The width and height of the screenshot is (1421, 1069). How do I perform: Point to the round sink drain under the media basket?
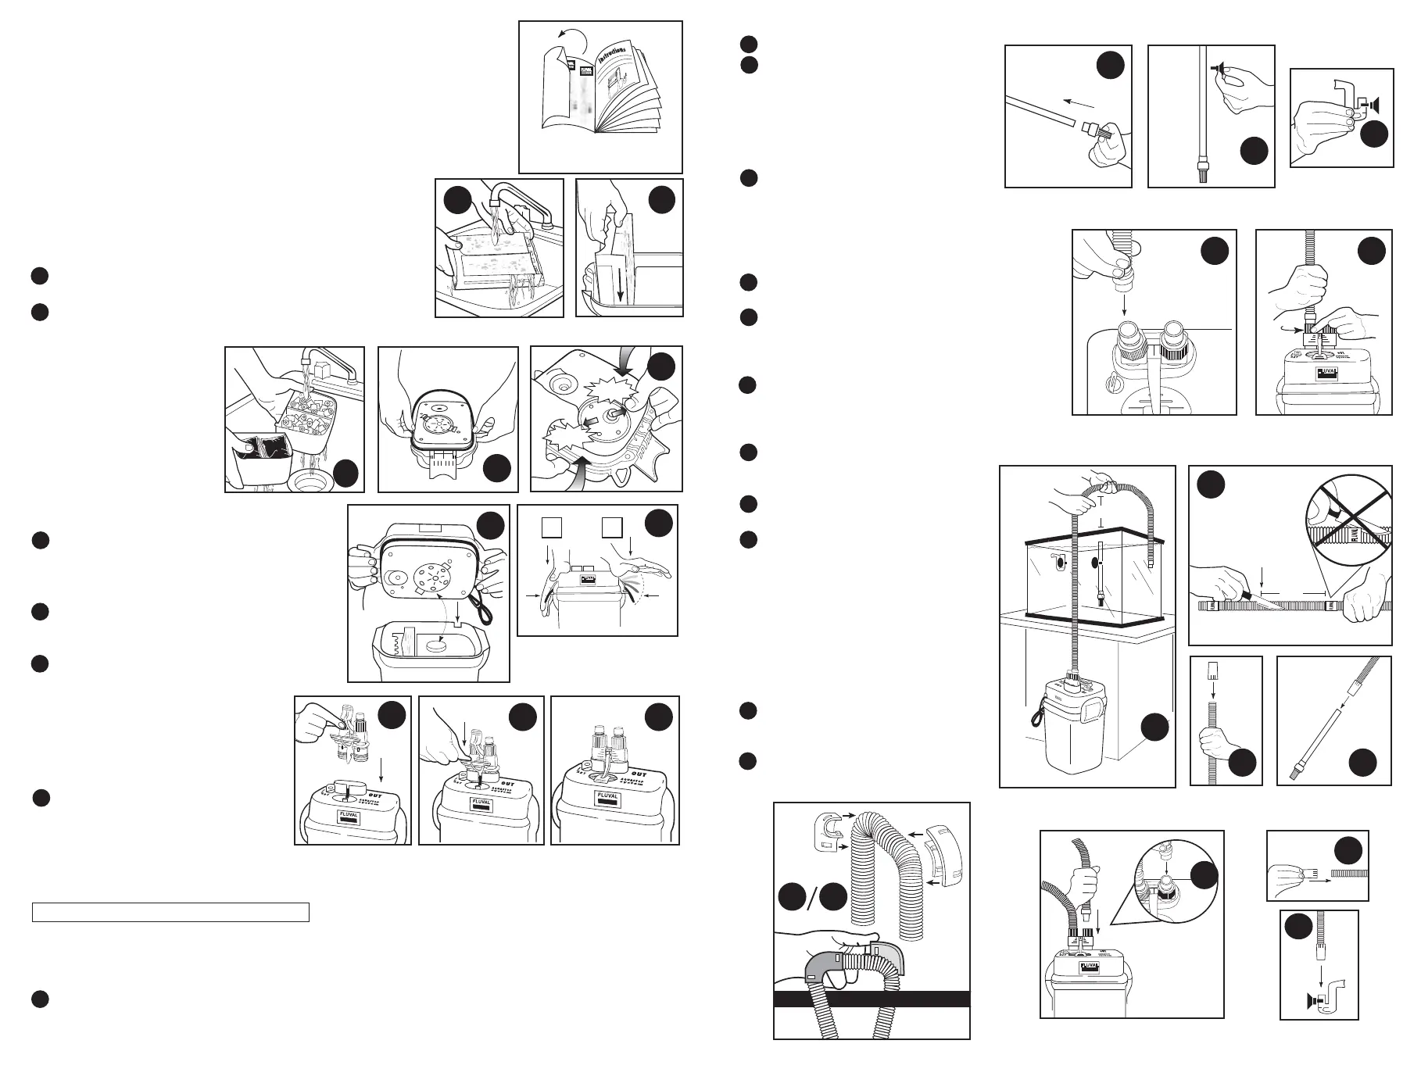coord(309,480)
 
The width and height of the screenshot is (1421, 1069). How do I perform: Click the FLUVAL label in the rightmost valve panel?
coord(607,796)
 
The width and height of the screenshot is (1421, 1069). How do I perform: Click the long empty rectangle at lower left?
coord(170,913)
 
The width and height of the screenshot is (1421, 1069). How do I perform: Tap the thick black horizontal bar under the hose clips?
coord(872,999)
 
